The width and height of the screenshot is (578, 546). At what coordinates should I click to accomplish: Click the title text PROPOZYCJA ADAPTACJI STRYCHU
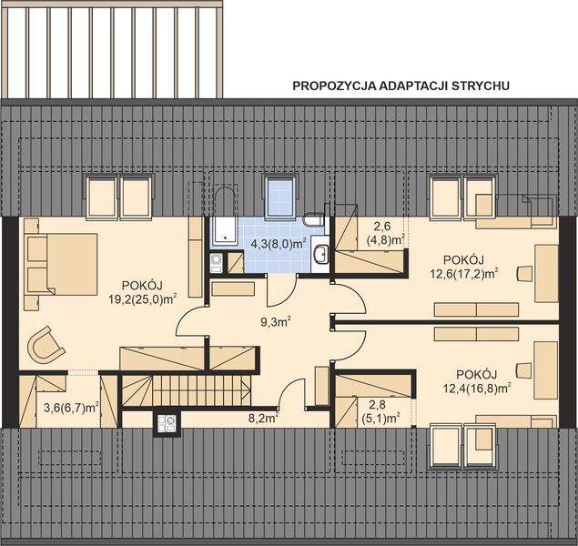tap(400, 86)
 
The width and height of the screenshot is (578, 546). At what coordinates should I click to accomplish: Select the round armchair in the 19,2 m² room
tap(45, 345)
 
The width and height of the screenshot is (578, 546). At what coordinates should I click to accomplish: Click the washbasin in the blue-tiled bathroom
tap(320, 254)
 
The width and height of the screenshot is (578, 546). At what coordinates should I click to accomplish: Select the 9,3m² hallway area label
tap(275, 321)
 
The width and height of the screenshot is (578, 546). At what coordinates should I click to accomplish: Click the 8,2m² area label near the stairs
tap(262, 420)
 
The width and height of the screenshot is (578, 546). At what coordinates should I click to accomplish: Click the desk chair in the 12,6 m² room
tap(524, 271)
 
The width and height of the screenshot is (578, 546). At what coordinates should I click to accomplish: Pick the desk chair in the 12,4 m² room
tap(523, 369)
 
